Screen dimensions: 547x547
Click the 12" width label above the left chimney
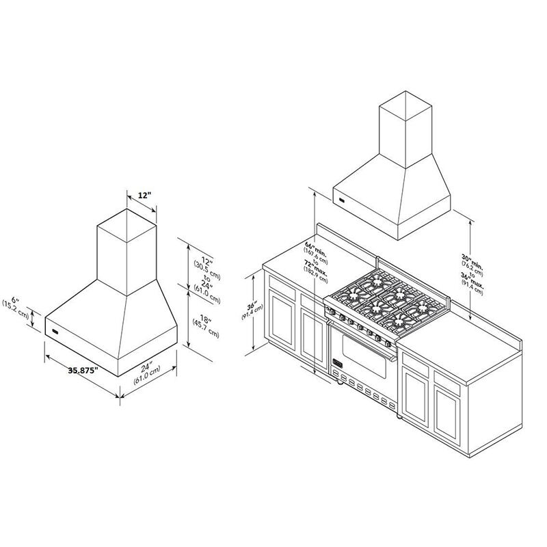(x=144, y=196)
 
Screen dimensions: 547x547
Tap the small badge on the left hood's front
(x=55, y=330)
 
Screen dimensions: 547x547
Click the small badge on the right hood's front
(x=342, y=200)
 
